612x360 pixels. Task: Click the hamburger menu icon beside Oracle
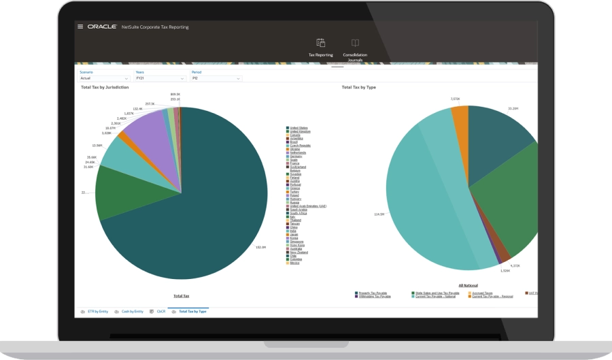click(80, 27)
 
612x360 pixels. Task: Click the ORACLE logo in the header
click(102, 27)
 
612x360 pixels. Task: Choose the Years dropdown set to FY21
click(160, 78)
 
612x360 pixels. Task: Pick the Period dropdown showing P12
click(216, 78)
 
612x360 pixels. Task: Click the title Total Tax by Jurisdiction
click(105, 87)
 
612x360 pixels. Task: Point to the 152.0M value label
click(260, 246)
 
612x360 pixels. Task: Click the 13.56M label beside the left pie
click(97, 145)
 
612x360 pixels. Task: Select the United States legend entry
click(299, 128)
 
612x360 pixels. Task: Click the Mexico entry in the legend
click(295, 262)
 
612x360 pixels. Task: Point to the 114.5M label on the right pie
click(379, 214)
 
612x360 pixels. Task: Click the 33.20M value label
click(513, 108)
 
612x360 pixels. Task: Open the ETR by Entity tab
click(98, 311)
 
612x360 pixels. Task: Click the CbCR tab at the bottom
click(161, 311)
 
